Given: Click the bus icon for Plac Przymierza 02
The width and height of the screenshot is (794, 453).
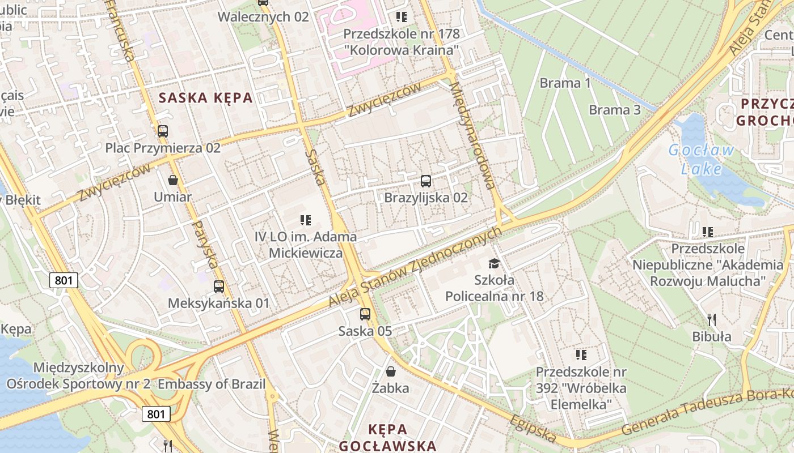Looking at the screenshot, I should tap(163, 131).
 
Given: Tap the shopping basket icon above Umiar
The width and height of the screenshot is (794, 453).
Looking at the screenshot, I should tap(173, 180).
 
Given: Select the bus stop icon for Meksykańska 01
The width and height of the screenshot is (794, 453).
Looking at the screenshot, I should tap(219, 287).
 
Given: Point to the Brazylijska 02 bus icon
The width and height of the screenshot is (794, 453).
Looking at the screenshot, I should tap(426, 181).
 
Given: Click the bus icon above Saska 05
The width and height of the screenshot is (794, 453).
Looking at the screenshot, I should tap(365, 314).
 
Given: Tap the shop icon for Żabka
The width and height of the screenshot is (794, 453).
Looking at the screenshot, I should tap(391, 371).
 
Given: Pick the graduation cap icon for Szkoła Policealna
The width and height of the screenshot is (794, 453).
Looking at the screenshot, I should tap(495, 263).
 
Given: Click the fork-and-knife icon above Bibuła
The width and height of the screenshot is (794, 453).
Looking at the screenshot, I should tap(712, 320).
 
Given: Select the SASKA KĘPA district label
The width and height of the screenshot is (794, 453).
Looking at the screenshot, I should tap(205, 97).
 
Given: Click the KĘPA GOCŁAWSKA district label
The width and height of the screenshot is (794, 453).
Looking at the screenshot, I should tap(388, 437).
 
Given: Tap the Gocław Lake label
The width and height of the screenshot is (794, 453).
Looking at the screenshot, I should tap(701, 159).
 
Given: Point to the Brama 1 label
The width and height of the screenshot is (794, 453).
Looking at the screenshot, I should tap(565, 83).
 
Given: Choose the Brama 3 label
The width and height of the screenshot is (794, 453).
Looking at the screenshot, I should tap(615, 109).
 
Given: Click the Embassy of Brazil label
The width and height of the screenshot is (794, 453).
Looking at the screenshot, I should tap(212, 384).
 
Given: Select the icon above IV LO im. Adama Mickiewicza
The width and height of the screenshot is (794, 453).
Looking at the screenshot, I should tap(306, 220).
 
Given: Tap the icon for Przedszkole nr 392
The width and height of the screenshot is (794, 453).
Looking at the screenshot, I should tap(581, 355).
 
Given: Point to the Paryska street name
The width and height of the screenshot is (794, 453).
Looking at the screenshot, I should tap(205, 244).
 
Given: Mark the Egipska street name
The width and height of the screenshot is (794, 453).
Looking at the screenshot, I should tap(533, 429).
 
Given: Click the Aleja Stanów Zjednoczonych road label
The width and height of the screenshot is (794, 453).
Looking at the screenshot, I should tap(416, 267).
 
